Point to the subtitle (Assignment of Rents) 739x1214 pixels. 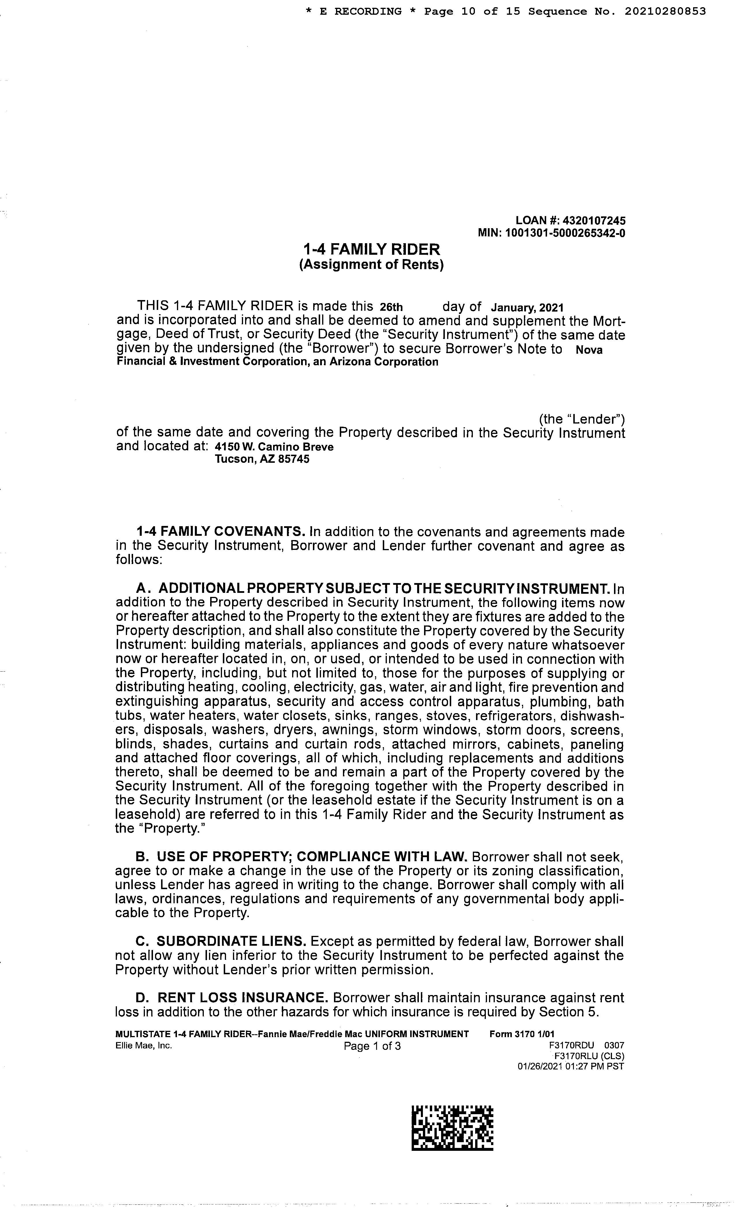371,265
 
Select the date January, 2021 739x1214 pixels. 527,308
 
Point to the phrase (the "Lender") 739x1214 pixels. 582,419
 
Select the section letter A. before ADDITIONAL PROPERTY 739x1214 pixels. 143,589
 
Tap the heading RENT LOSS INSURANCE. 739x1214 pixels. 242,998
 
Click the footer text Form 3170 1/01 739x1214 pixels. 522,1034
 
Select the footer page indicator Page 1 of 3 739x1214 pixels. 372,1046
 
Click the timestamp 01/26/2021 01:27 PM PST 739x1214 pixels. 570,1066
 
